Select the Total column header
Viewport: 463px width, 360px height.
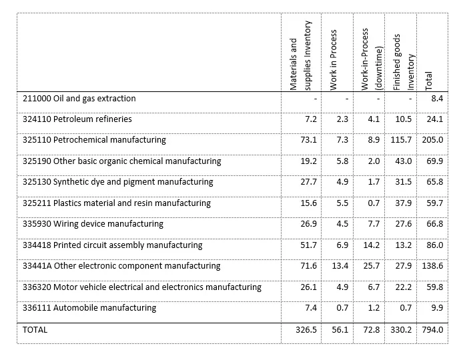point(428,81)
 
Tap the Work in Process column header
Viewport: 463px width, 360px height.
point(334,60)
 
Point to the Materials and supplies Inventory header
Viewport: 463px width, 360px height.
point(300,55)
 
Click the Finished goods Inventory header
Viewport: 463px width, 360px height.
point(404,62)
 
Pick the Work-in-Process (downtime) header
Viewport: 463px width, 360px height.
point(372,59)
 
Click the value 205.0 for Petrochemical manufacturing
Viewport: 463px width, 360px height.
point(432,140)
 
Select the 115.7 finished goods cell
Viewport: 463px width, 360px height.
point(401,140)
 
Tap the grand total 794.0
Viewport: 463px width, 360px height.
point(432,330)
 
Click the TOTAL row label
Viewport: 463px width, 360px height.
point(35,330)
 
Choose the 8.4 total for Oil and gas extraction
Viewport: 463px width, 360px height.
point(437,99)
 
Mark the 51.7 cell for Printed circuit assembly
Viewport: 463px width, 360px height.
point(309,245)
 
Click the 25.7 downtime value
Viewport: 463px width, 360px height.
point(372,266)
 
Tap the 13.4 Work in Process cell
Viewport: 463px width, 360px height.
point(340,266)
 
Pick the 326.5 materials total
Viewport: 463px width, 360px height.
point(306,330)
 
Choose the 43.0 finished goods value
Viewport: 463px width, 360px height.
point(404,161)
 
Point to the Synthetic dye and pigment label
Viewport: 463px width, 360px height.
point(118,182)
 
